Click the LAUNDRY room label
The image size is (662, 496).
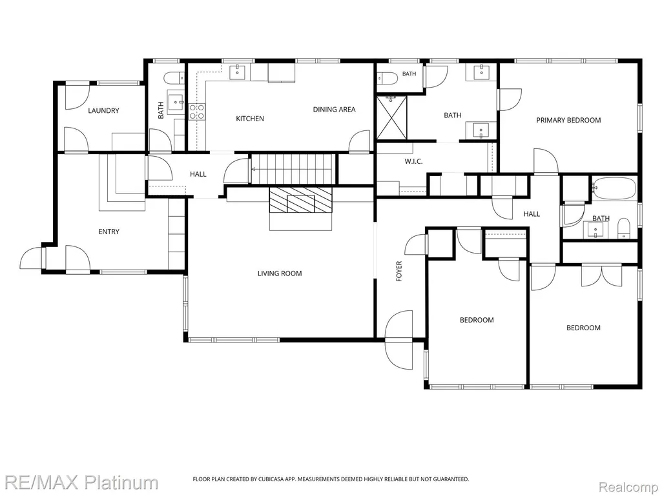coord(103,110)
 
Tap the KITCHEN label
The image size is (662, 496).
coord(250,119)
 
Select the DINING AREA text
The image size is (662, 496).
coord(334,109)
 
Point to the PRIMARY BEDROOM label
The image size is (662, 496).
coord(568,120)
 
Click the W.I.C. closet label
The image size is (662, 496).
coord(413,161)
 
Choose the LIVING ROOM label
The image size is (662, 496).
coord(280,273)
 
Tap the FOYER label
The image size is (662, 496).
coord(399,272)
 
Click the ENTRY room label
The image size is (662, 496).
coord(109,232)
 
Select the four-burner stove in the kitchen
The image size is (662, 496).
coord(197,112)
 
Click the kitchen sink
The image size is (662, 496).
coord(238,72)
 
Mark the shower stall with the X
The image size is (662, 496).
coord(392,117)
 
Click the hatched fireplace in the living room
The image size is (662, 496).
coord(300,200)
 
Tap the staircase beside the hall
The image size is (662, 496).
coord(294,169)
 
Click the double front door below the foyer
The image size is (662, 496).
coord(399,341)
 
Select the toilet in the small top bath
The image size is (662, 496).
coord(387,77)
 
